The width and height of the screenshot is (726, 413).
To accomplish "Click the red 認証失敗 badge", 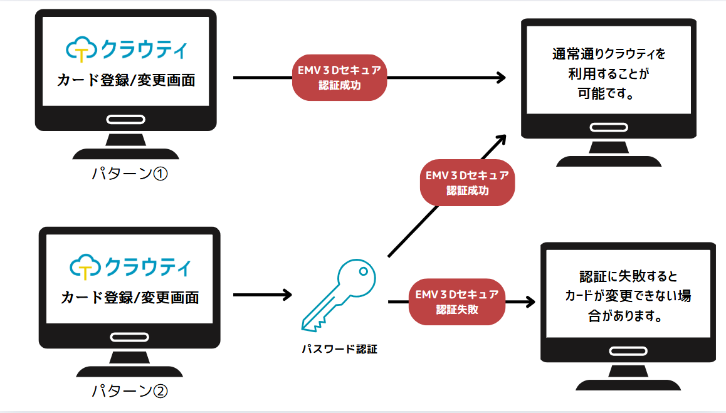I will pos(457,301).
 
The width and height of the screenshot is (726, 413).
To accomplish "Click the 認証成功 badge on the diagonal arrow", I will pos(467,182).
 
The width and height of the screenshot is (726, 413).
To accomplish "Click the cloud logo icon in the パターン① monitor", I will pos(80,49).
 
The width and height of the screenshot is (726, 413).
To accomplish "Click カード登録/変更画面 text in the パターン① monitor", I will pos(125,80).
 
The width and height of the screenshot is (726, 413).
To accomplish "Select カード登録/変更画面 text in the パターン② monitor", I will pos(130,297).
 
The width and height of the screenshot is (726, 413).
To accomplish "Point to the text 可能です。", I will pos(608,95).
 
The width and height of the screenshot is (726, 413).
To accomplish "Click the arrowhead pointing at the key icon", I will pos(287,294).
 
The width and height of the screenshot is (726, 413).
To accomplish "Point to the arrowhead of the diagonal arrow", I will pos(500,139).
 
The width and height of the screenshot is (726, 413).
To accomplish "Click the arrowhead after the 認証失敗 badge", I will pos(530,301).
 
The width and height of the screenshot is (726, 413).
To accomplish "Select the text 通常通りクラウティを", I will pos(608,55).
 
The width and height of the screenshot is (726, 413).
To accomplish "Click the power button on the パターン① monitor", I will pos(126,120).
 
